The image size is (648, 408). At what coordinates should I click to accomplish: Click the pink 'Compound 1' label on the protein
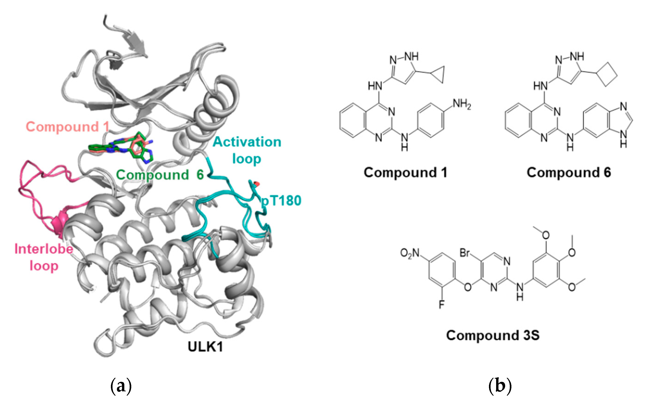pyautogui.click(x=67, y=127)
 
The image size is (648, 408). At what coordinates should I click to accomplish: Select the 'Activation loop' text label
pyautogui.click(x=247, y=150)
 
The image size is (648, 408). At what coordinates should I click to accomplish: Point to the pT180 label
pyautogui.click(x=281, y=201)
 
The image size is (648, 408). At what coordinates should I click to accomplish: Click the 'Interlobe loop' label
pyautogui.click(x=44, y=257)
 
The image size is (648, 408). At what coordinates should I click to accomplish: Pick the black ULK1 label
pyautogui.click(x=205, y=347)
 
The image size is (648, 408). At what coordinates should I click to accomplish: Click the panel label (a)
pyautogui.click(x=121, y=386)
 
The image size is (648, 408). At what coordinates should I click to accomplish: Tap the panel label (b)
pyautogui.click(x=500, y=386)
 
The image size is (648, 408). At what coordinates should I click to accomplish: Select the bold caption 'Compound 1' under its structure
pyautogui.click(x=405, y=172)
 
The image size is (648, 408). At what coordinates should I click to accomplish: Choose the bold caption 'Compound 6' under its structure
pyautogui.click(x=569, y=172)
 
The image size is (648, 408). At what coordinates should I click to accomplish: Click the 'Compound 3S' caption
pyautogui.click(x=493, y=335)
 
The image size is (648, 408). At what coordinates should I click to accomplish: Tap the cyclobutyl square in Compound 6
pyautogui.click(x=607, y=74)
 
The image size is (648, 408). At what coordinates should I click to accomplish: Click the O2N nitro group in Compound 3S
pyautogui.click(x=410, y=253)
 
